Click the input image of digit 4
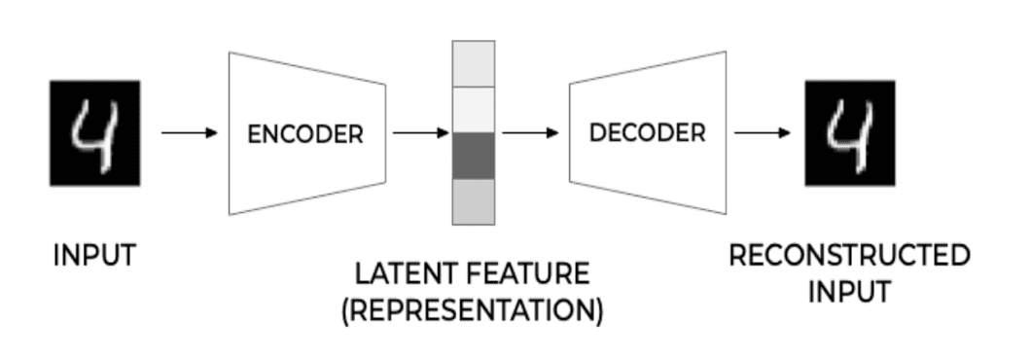pyautogui.click(x=95, y=132)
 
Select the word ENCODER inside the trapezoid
pyautogui.click(x=305, y=134)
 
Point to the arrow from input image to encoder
pyautogui.click(x=189, y=133)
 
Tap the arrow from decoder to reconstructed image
pyautogui.click(x=762, y=133)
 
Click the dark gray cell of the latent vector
pyautogui.click(x=474, y=157)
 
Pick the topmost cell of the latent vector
pyautogui.click(x=474, y=64)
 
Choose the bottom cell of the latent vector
pyautogui.click(x=474, y=202)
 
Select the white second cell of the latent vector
pyautogui.click(x=474, y=110)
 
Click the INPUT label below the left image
pyautogui.click(x=94, y=257)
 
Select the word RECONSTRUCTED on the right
pyautogui.click(x=849, y=256)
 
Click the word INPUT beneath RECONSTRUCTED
pyautogui.click(x=849, y=292)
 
